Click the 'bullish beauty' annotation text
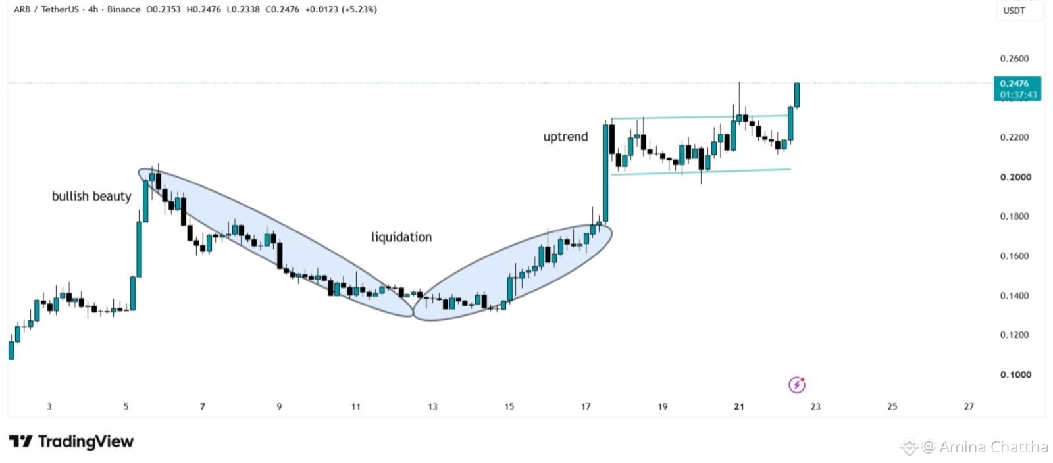91,196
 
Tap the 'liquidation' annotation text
401,237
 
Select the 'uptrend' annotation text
565,137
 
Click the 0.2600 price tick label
1014,59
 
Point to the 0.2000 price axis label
1015,177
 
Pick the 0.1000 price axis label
1015,375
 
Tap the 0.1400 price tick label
1014,296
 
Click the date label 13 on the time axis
432,406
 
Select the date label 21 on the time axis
739,406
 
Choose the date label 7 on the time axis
203,406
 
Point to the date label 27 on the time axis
969,406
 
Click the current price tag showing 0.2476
1017,89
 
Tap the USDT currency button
1014,11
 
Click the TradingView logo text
72,441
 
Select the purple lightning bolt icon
797,385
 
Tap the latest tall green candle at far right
797,95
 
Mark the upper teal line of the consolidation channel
700,117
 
